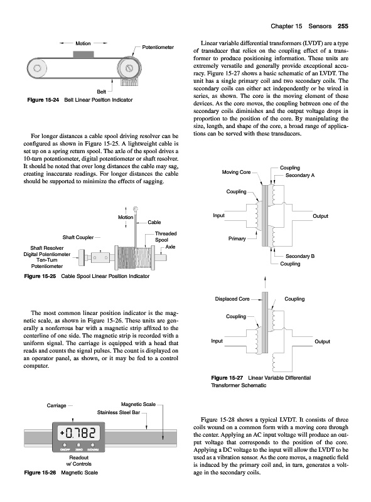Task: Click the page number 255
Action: (x=343, y=26)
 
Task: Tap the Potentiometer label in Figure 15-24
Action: (x=158, y=48)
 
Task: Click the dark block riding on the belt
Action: (x=83, y=55)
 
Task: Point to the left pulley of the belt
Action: (x=37, y=68)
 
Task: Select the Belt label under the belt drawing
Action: (x=101, y=92)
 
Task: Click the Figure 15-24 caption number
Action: (x=43, y=100)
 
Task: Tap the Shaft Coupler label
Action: (x=78, y=237)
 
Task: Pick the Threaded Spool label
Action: (x=166, y=237)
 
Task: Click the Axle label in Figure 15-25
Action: (x=171, y=247)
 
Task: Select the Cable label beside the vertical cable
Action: (x=154, y=222)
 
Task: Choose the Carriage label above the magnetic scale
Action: (x=56, y=405)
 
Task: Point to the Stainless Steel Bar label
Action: (x=119, y=412)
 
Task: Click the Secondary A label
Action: (x=300, y=175)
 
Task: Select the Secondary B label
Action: (x=300, y=256)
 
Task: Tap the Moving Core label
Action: (x=236, y=172)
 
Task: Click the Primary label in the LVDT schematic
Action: (x=237, y=238)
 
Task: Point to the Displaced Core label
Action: (x=232, y=299)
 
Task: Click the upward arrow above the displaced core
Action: (x=265, y=282)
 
